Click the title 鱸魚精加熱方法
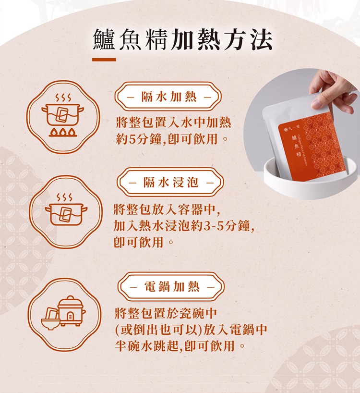click(182, 39)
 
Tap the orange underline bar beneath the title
click(104, 60)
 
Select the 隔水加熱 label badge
click(168, 97)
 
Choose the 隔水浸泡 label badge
click(170, 182)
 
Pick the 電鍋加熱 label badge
click(171, 286)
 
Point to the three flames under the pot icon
click(62, 133)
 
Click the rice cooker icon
click(71, 311)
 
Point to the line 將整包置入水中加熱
click(173, 123)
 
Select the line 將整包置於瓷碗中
click(166, 313)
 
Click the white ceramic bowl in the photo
click(311, 180)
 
